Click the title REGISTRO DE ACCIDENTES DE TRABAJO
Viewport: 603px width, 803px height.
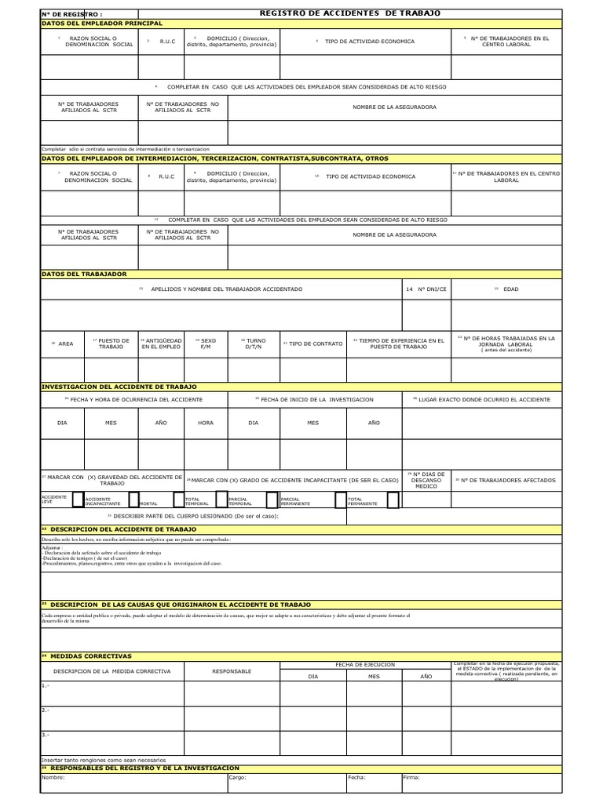(349, 13)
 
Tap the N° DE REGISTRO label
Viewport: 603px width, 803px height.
(71, 14)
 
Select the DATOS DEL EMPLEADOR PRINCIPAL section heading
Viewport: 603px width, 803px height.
(101, 24)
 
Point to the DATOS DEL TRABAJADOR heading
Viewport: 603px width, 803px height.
(83, 274)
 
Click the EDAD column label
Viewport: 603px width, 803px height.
(510, 289)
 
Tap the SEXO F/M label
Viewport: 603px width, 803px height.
(209, 343)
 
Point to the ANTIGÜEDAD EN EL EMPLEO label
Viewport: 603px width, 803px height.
(162, 343)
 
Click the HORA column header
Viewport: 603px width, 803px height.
(206, 422)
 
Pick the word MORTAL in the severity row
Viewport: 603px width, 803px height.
(148, 503)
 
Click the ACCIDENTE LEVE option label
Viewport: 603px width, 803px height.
(54, 500)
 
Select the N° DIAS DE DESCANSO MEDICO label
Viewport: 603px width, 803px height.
(428, 480)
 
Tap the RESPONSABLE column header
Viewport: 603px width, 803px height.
(232, 671)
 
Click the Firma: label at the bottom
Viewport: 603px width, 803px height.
(411, 778)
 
